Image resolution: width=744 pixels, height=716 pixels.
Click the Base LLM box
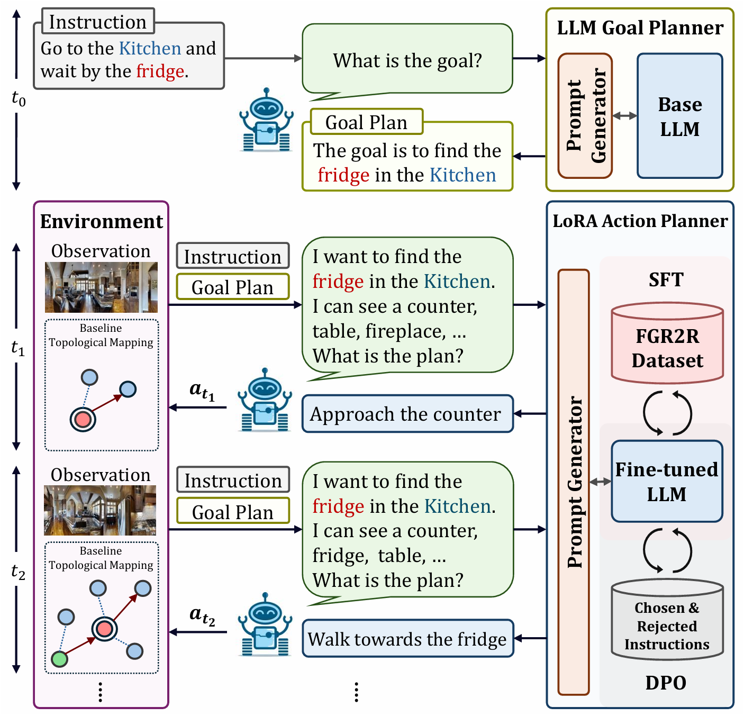coord(679,116)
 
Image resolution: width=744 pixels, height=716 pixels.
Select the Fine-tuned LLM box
coord(667,481)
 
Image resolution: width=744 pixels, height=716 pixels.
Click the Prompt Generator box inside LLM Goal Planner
coord(585,116)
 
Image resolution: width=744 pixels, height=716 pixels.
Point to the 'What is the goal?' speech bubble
coord(407,59)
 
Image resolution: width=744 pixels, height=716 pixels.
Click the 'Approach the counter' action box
coord(407,414)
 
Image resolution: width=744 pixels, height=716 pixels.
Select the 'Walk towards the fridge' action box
coord(407,639)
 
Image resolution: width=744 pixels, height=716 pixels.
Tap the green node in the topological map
coord(59,659)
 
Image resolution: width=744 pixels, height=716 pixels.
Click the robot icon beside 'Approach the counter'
coord(265,400)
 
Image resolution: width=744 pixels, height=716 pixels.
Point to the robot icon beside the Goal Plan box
coord(266,121)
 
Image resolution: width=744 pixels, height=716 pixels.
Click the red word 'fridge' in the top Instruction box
coord(160,71)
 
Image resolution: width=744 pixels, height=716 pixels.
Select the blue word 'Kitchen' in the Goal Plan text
coord(463,175)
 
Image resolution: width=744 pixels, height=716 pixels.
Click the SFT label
coord(666,279)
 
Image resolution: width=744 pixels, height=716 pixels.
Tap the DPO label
coord(666,683)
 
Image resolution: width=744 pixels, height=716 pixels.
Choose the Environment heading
coord(102,221)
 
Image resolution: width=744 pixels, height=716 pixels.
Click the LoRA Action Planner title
coord(640,221)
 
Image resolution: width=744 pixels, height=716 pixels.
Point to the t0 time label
coord(19,98)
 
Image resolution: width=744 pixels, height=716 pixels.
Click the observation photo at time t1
coord(101,287)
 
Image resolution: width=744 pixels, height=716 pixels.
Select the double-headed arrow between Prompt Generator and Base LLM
coord(625,116)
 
